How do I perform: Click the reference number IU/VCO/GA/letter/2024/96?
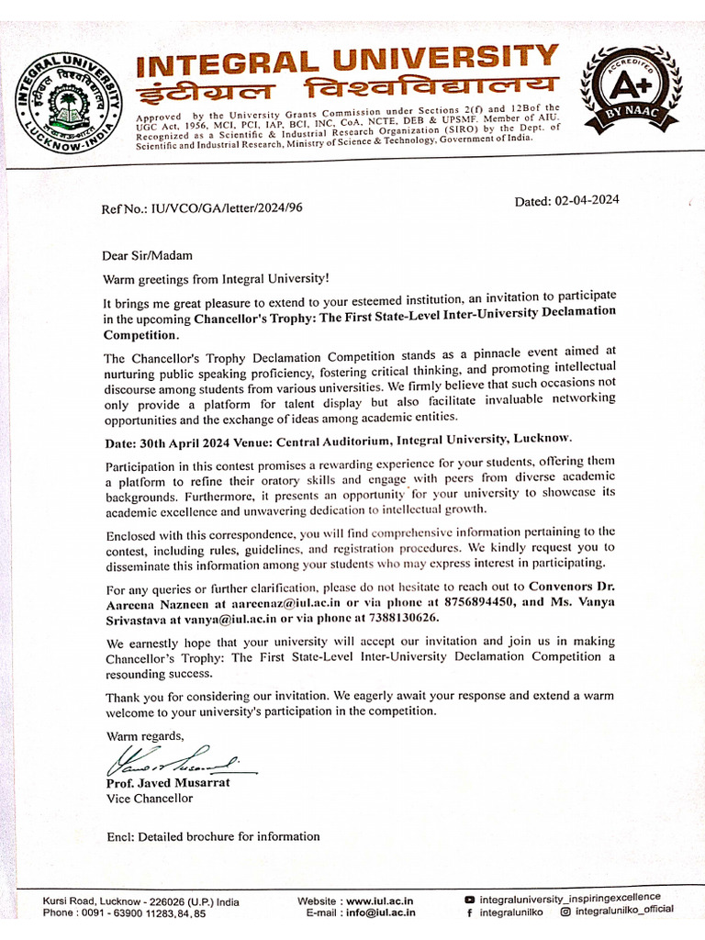pyautogui.click(x=202, y=208)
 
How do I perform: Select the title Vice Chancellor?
pyautogui.click(x=150, y=799)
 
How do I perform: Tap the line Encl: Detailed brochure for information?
pyautogui.click(x=213, y=836)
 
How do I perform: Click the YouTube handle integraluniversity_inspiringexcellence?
pyautogui.click(x=569, y=898)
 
